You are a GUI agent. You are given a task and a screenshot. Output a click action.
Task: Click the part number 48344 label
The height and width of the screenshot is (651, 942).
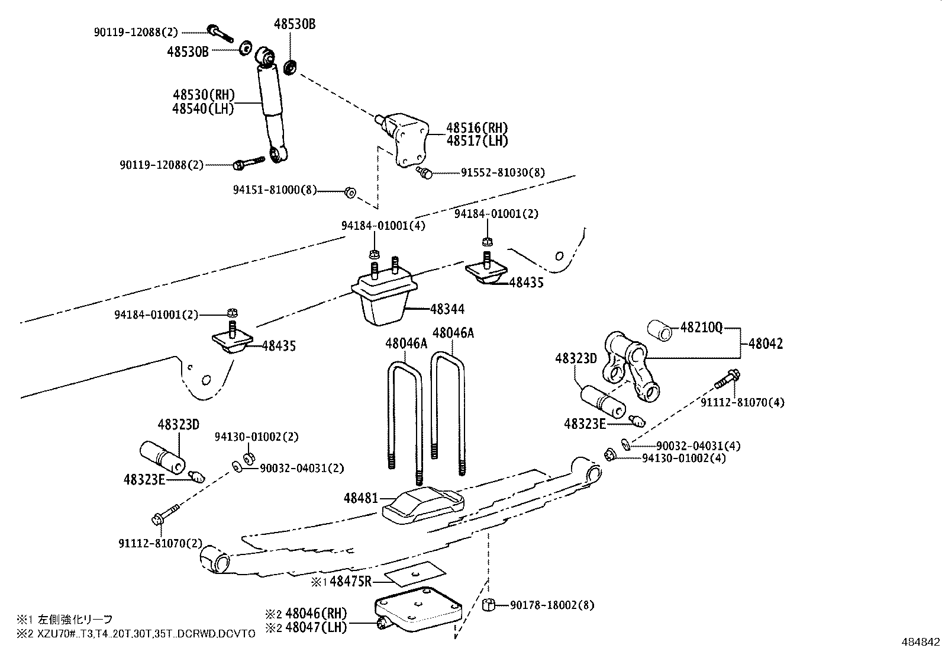[x=447, y=309]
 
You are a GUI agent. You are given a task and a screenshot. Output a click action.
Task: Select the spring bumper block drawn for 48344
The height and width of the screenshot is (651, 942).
[x=383, y=299]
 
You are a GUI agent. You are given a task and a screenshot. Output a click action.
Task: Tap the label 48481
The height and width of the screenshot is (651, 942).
[x=360, y=498]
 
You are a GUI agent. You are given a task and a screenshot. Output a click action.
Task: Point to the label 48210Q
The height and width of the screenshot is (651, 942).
[x=701, y=328]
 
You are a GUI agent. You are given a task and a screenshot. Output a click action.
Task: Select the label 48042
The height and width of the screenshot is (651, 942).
[x=765, y=344]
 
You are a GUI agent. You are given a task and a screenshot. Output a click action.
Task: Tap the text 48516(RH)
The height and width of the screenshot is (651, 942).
[x=477, y=127]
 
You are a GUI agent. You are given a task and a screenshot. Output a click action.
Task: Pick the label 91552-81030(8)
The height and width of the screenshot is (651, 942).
[x=503, y=172]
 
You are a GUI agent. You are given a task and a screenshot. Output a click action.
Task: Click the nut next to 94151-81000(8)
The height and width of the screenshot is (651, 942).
[x=350, y=191]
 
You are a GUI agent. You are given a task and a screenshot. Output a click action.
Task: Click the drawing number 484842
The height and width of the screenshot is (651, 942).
[x=920, y=642]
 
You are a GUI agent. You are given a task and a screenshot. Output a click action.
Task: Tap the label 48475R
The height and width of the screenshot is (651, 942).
[x=350, y=582]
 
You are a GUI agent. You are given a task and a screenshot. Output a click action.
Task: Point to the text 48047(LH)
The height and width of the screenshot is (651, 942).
[x=316, y=627]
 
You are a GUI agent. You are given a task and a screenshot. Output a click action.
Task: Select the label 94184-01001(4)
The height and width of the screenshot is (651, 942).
[x=383, y=225]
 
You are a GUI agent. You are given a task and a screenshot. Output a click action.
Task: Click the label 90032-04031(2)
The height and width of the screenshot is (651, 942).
[x=302, y=468]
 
